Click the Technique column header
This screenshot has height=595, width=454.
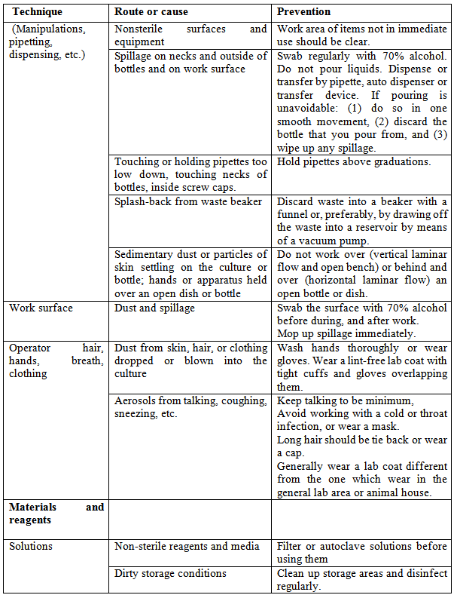[38, 12]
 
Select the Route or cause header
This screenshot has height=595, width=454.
[151, 12]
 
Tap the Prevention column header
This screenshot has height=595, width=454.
[303, 12]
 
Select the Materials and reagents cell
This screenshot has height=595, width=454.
[56, 514]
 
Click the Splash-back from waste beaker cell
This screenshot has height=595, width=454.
[188, 202]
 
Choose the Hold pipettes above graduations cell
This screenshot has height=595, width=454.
[353, 161]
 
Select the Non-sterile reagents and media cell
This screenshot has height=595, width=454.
[187, 545]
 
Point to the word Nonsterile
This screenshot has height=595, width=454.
[141, 29]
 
